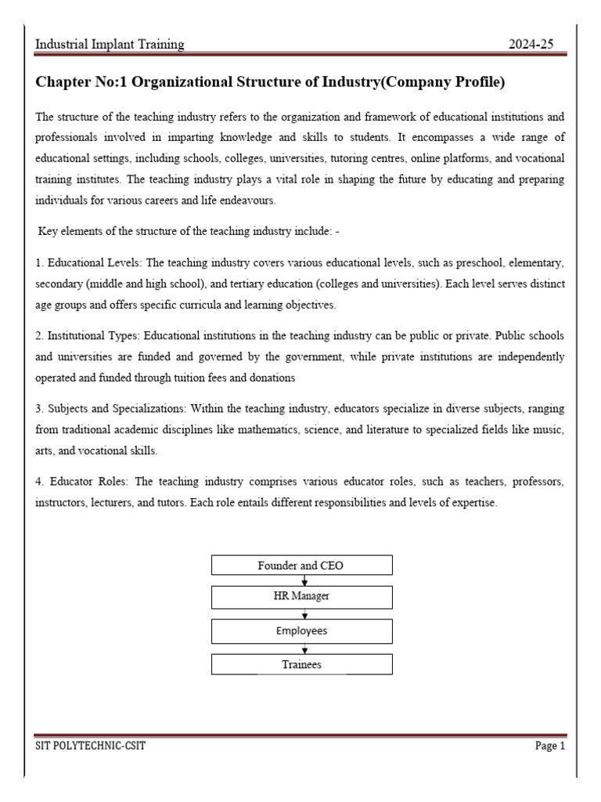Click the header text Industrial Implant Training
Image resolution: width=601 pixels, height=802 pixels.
pyautogui.click(x=110, y=45)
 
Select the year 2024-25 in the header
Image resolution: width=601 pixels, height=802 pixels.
pyautogui.click(x=531, y=45)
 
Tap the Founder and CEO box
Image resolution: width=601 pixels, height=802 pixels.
pyautogui.click(x=301, y=565)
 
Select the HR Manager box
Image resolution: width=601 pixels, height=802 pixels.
pyautogui.click(x=301, y=597)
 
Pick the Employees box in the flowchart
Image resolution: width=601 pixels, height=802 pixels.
pyautogui.click(x=301, y=630)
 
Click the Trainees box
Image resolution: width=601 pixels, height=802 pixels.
pyautogui.click(x=301, y=665)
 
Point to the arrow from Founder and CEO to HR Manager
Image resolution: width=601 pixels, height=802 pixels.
pyautogui.click(x=304, y=581)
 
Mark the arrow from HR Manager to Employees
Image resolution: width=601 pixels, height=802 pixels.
pyautogui.click(x=304, y=614)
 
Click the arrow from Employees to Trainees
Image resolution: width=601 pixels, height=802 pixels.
pyautogui.click(x=304, y=648)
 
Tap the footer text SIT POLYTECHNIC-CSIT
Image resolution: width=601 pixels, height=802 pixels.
pyautogui.click(x=90, y=746)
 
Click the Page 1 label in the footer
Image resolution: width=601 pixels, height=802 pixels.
pyautogui.click(x=549, y=746)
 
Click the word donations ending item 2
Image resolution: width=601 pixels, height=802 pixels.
pyautogui.click(x=269, y=377)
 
